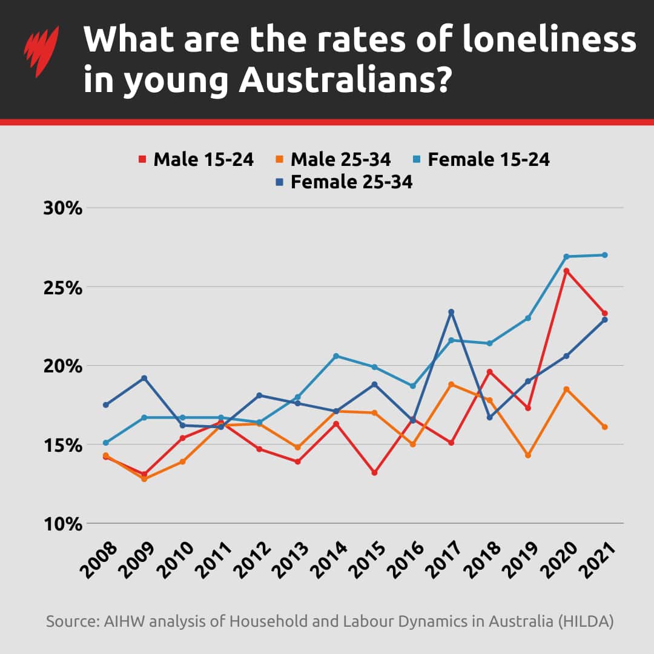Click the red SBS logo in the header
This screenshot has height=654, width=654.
tap(41, 51)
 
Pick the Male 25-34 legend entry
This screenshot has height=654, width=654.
tap(334, 159)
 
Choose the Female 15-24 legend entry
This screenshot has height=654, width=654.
tap(481, 159)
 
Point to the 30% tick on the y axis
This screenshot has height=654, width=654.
tap(62, 208)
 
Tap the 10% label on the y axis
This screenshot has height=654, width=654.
tap(62, 524)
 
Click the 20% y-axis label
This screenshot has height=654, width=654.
tap(62, 366)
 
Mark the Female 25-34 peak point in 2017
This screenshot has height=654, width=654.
tap(451, 312)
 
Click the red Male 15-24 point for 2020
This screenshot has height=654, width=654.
tap(566, 271)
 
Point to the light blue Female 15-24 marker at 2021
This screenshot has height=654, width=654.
tap(604, 255)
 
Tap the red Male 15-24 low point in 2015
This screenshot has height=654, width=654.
tap(375, 472)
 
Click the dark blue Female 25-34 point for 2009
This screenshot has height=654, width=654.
tap(144, 378)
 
